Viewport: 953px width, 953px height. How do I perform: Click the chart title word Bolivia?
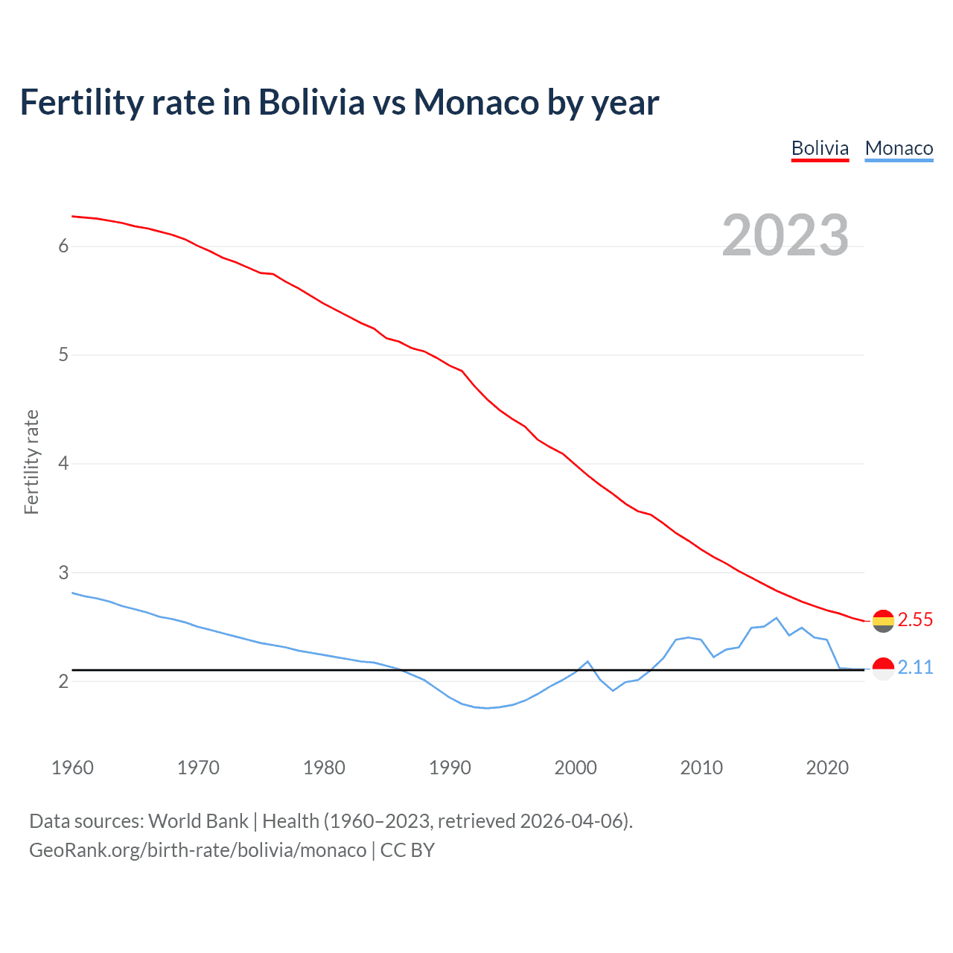(x=311, y=102)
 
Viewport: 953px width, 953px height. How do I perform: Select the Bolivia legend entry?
(x=820, y=148)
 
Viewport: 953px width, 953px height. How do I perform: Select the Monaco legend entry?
(x=899, y=148)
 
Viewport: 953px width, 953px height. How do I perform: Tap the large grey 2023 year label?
(x=785, y=235)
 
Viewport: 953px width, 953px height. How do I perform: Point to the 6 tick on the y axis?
(x=63, y=246)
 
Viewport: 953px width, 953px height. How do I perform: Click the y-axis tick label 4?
(x=63, y=463)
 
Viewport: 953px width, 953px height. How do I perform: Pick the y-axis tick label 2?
(x=63, y=681)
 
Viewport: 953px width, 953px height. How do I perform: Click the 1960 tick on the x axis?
(x=72, y=768)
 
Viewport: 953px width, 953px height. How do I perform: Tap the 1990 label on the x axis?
(x=450, y=768)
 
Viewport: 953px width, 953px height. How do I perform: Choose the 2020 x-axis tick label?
(x=827, y=768)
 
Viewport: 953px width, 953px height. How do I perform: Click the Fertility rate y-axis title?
(x=31, y=462)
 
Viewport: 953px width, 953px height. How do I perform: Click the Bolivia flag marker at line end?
(x=883, y=620)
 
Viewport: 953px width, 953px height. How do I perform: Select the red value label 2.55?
(x=915, y=619)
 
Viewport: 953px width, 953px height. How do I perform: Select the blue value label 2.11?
(x=915, y=667)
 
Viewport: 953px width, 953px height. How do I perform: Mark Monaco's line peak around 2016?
(x=777, y=618)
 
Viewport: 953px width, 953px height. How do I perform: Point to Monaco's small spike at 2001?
(x=587, y=661)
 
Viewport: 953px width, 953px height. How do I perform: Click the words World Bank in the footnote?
(x=198, y=820)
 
